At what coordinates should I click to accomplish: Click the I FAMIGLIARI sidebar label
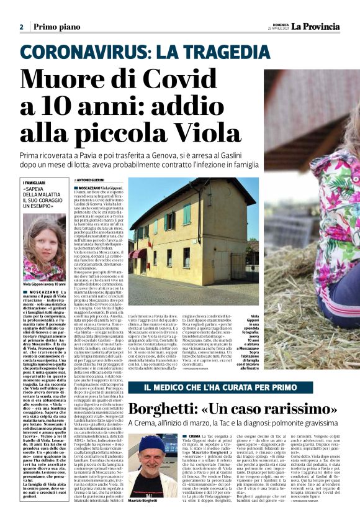[x=38, y=183]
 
